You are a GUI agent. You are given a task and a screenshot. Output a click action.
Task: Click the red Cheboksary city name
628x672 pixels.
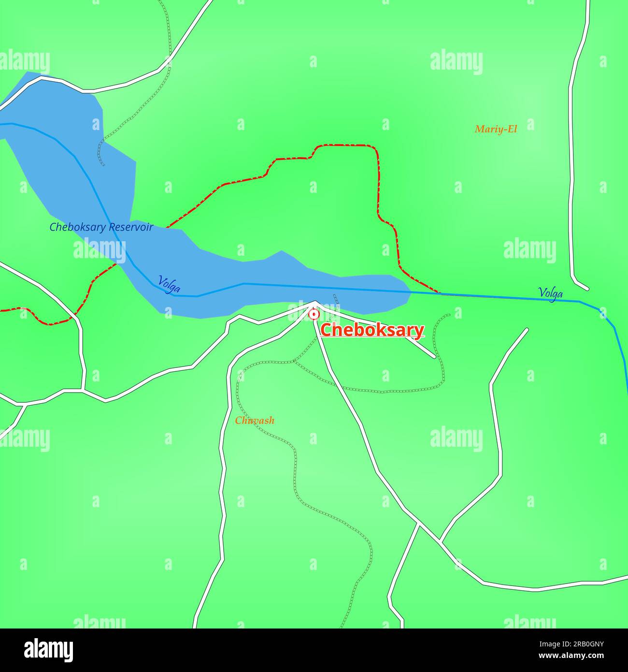[x=372, y=330]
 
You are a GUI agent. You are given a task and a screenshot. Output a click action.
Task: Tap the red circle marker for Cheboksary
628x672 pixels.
[x=314, y=315]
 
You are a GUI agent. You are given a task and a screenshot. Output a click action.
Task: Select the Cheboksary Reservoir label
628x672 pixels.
[x=101, y=227]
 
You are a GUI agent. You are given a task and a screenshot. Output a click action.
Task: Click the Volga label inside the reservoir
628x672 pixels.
[x=169, y=284]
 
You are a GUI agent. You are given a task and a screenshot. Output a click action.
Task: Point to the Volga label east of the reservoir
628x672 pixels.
[x=550, y=292]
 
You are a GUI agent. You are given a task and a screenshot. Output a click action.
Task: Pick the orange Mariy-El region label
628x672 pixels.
[x=496, y=129]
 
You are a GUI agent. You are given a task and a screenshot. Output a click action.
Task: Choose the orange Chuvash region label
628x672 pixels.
[x=255, y=421]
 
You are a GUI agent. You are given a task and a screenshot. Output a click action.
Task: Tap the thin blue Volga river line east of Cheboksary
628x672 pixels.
[x=483, y=295]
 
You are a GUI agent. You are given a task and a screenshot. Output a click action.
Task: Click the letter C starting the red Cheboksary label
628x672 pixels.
[x=327, y=331]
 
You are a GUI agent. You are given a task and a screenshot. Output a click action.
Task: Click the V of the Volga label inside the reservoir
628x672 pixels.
[x=161, y=280]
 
